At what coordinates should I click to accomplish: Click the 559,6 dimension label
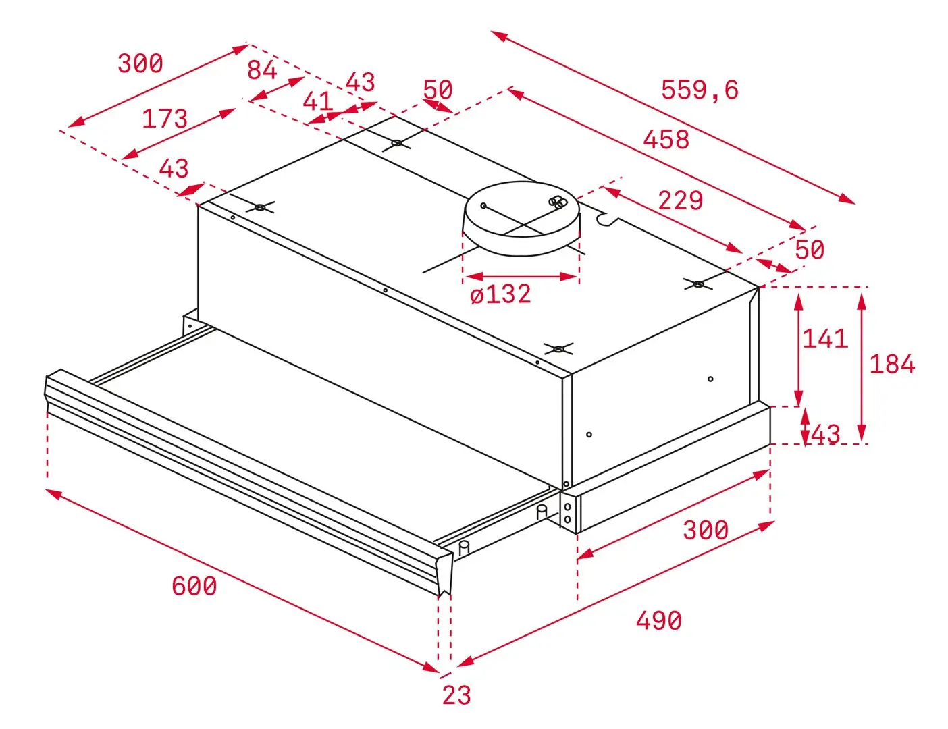click(x=700, y=89)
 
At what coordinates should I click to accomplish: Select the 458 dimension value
click(x=666, y=140)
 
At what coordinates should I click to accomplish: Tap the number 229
click(x=680, y=200)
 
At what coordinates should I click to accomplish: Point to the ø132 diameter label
click(x=500, y=294)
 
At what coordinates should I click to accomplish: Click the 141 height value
click(x=824, y=338)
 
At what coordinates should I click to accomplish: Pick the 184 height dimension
click(x=891, y=364)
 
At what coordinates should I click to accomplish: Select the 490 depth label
click(x=658, y=620)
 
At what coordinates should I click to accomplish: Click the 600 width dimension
click(x=194, y=586)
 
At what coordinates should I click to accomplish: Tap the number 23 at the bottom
click(x=456, y=695)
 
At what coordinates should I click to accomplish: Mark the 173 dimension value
click(x=164, y=119)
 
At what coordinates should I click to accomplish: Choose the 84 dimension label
click(x=261, y=70)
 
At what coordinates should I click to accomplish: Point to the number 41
click(x=317, y=101)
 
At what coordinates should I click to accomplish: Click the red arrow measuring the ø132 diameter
click(x=521, y=276)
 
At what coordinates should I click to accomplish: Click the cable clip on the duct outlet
click(x=558, y=202)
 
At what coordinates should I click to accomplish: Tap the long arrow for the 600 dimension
click(x=243, y=580)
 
